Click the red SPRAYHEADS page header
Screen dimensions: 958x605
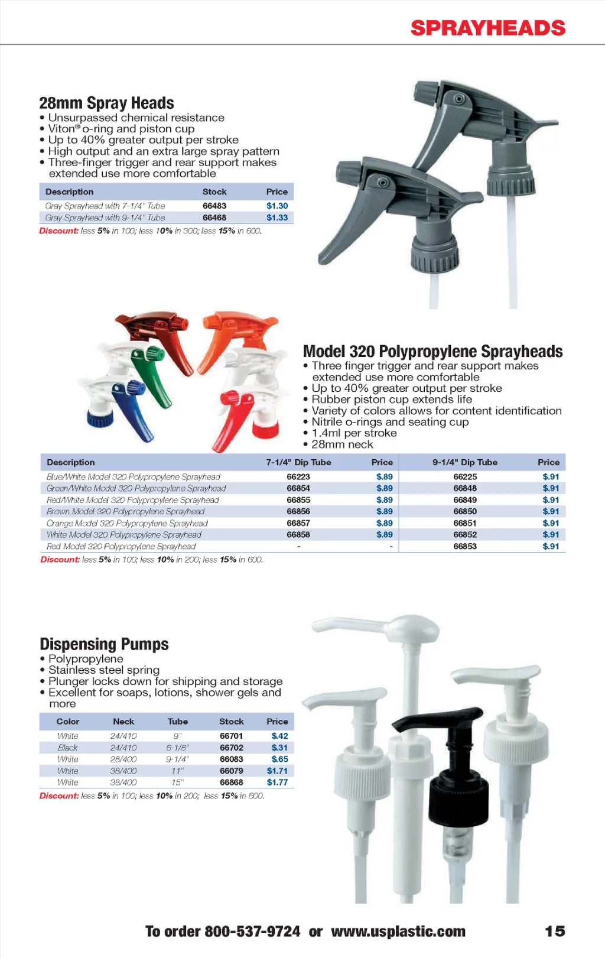point(488,28)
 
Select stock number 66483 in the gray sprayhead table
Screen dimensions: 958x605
point(214,206)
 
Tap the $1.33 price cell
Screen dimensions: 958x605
point(277,217)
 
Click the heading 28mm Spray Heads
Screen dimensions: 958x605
point(106,103)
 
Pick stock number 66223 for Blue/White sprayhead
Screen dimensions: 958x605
point(298,477)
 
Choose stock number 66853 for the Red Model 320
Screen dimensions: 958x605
point(465,547)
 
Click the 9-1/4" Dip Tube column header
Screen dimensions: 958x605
point(465,462)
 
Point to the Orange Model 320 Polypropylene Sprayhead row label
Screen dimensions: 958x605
point(127,523)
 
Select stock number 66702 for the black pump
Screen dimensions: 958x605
point(232,748)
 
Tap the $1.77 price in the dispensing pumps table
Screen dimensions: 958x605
point(277,782)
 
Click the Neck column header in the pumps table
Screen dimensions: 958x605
point(123,722)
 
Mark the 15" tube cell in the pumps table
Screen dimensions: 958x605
point(178,782)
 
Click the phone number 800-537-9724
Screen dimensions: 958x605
point(252,932)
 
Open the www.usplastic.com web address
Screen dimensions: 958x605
point(398,932)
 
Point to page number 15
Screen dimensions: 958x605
point(555,931)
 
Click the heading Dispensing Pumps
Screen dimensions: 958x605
point(104,644)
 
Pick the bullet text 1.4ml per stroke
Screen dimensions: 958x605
point(354,433)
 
